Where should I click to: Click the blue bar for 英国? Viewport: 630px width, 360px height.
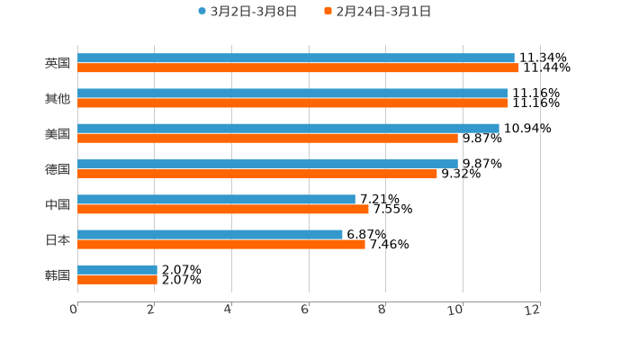296,58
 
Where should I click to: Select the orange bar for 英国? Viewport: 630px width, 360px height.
298,68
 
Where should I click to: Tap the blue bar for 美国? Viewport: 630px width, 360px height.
288,129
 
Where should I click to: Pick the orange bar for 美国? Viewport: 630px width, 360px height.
267,139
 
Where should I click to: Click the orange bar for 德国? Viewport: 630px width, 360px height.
257,174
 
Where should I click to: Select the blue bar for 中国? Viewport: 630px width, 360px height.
216,200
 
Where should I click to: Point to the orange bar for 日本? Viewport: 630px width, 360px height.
221,244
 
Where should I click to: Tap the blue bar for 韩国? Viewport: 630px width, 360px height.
117,270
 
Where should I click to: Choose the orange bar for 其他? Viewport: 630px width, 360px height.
292,103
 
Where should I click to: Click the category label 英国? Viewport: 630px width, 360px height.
58,64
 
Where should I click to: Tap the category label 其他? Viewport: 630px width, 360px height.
58,99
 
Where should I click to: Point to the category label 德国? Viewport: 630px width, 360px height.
58,169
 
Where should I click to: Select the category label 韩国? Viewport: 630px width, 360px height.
58,275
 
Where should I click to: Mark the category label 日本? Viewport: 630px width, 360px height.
58,240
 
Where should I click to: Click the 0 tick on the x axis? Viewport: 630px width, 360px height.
74,310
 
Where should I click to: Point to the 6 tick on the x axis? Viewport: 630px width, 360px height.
305,310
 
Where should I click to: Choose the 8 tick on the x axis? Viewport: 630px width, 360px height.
382,310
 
